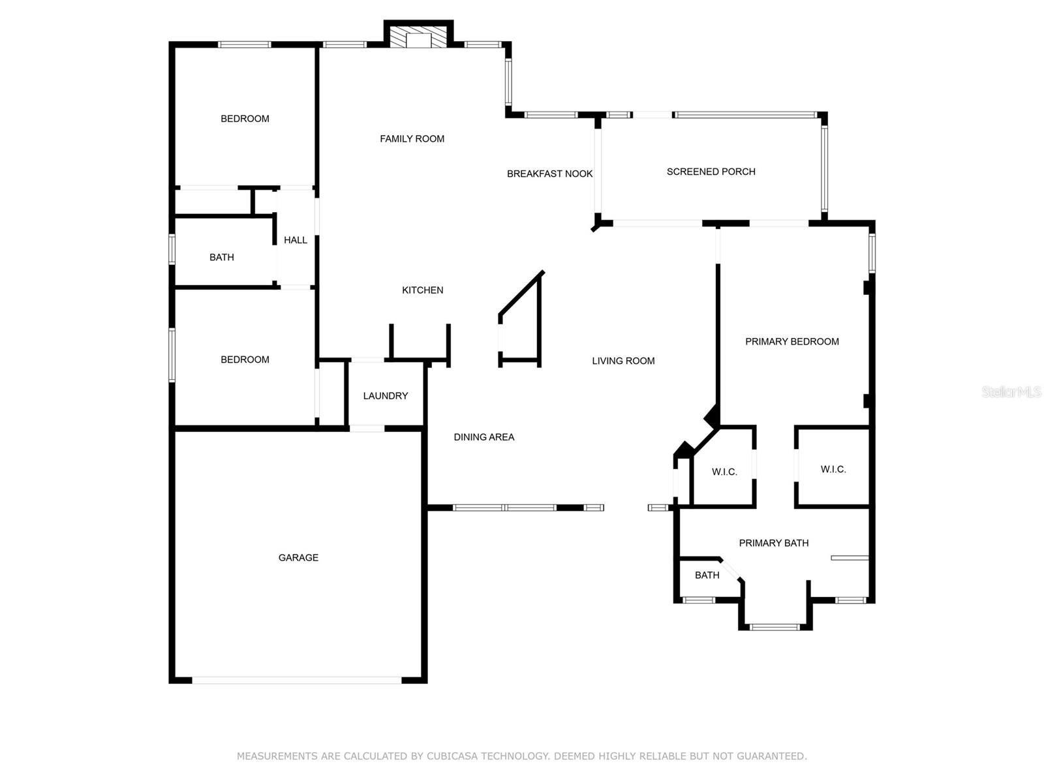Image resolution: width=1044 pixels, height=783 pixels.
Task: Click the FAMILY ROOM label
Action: pos(412,139)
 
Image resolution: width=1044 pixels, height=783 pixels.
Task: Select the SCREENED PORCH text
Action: pos(711,172)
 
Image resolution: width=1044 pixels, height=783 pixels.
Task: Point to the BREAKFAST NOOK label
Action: pos(549,174)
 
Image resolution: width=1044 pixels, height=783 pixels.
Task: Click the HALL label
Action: pos(296,240)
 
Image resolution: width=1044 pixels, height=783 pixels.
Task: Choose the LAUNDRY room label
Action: pos(385,395)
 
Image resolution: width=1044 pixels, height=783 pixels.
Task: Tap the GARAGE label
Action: pos(298,557)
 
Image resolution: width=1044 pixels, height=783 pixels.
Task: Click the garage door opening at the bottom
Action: pos(297,680)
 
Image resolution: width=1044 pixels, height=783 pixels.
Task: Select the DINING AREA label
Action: pos(484,437)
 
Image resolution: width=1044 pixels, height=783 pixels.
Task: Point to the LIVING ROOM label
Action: pos(623,361)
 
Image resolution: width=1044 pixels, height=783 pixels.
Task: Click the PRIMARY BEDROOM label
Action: pos(792,341)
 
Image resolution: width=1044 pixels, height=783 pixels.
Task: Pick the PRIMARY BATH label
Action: pos(773,543)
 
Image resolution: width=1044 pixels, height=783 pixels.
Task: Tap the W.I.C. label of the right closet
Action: pos(833,469)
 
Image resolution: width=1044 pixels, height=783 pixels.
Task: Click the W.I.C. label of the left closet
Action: pos(724,472)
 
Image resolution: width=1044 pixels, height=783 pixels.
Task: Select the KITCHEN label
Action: pos(422,290)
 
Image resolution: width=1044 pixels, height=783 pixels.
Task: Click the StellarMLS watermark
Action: pos(1011,391)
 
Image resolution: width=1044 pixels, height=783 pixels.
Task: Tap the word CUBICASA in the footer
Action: pos(452,756)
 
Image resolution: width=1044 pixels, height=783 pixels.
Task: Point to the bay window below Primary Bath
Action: pos(775,626)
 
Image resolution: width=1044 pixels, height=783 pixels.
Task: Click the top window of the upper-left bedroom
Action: pos(245,44)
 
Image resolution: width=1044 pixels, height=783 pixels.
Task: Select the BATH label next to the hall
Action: pos(222,257)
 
